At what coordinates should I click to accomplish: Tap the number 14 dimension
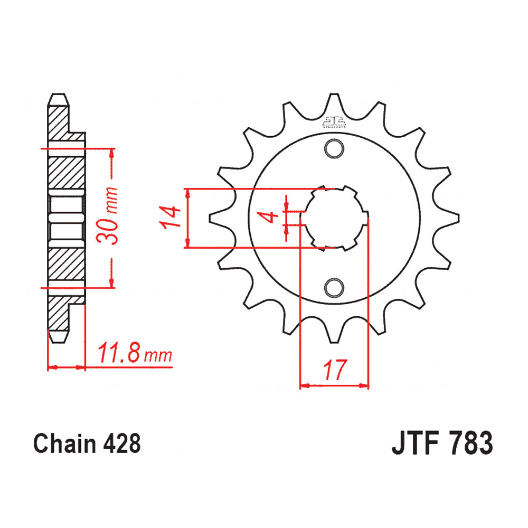(171, 218)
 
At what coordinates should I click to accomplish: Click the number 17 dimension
(334, 370)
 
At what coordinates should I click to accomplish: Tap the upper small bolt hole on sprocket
(334, 149)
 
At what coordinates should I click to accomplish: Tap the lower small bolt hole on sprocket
(334, 287)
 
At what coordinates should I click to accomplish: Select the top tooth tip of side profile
(58, 99)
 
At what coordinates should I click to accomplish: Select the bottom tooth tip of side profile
(58, 336)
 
